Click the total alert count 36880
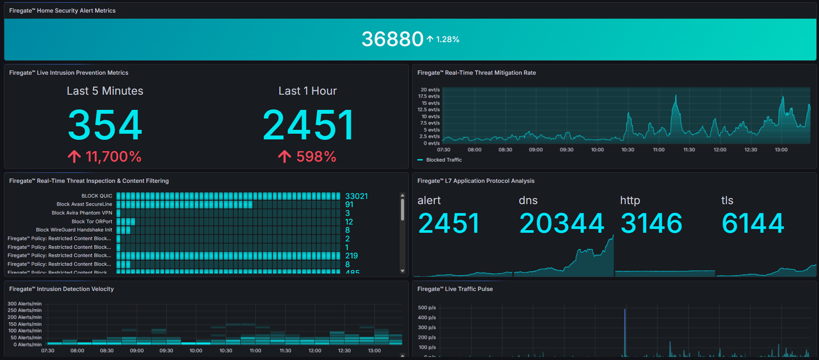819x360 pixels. click(392, 39)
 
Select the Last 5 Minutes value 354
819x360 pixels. click(105, 125)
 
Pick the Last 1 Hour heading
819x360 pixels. click(308, 91)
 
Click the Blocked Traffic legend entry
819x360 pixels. click(444, 160)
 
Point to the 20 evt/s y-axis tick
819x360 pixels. click(430, 90)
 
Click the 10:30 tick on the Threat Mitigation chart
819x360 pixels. click(628, 150)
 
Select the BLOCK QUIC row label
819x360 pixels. click(97, 196)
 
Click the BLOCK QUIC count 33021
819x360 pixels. click(356, 196)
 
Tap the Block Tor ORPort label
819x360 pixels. click(92, 221)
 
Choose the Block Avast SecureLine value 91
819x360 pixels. click(349, 205)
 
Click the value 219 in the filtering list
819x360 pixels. click(351, 256)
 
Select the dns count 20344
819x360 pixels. click(561, 223)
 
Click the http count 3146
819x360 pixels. click(651, 223)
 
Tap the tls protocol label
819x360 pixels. click(727, 200)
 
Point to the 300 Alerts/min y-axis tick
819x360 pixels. click(25, 304)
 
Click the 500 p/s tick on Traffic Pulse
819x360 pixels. click(427, 307)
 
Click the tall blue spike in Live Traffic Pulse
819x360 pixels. click(625, 330)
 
